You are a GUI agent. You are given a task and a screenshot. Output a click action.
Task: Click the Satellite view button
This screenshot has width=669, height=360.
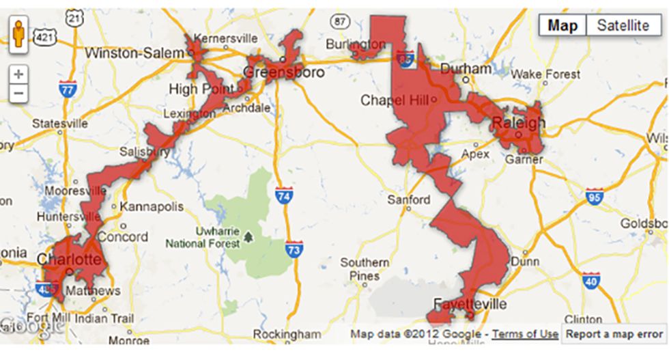623,26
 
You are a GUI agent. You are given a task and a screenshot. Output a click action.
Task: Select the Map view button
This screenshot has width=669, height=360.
563,26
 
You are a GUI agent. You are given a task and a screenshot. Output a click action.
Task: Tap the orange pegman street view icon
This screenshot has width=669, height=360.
19,34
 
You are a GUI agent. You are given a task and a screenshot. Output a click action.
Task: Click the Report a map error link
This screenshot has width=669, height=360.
614,334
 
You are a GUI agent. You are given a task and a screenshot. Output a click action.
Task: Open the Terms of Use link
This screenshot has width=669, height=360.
525,334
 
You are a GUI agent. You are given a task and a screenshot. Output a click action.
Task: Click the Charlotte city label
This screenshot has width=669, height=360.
70,260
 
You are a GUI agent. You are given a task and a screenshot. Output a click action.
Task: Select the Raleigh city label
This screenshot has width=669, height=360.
519,123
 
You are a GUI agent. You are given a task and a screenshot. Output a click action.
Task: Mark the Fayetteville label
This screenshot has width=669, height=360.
470,303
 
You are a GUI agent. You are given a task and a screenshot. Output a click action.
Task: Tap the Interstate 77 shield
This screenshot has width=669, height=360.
67,88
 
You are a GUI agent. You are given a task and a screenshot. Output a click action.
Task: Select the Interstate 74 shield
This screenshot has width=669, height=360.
285,196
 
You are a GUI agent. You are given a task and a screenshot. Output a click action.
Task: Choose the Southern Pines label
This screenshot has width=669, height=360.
365,269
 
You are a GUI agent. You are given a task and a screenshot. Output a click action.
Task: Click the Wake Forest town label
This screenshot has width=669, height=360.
545,74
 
